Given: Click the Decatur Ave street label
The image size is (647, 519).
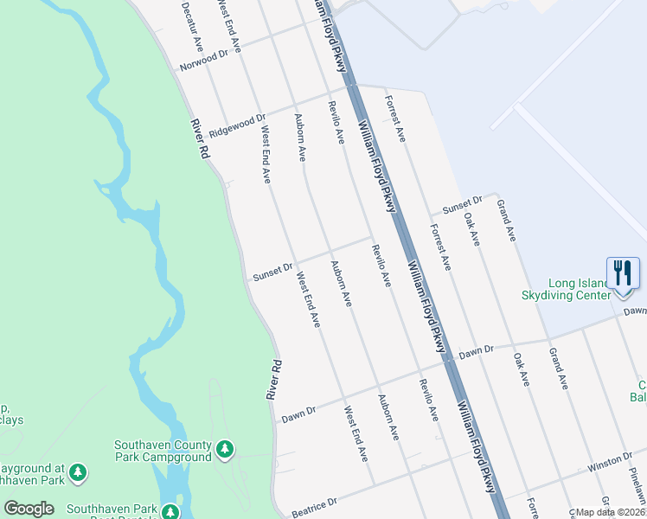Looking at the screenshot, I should [x=192, y=23].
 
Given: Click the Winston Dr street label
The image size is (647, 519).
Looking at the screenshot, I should [x=605, y=467].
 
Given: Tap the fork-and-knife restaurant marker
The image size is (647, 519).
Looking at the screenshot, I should [x=622, y=273].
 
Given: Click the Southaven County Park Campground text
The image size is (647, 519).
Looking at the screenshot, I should [x=163, y=427].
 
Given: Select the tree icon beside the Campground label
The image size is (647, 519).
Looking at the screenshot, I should [x=225, y=424].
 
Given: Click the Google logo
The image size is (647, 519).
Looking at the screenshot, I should [x=29, y=509].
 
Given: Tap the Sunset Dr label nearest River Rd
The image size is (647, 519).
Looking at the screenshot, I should [x=273, y=272].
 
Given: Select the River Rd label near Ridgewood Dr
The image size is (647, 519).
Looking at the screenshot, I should [x=200, y=138].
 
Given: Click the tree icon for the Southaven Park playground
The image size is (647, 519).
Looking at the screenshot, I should [x=78, y=472].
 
